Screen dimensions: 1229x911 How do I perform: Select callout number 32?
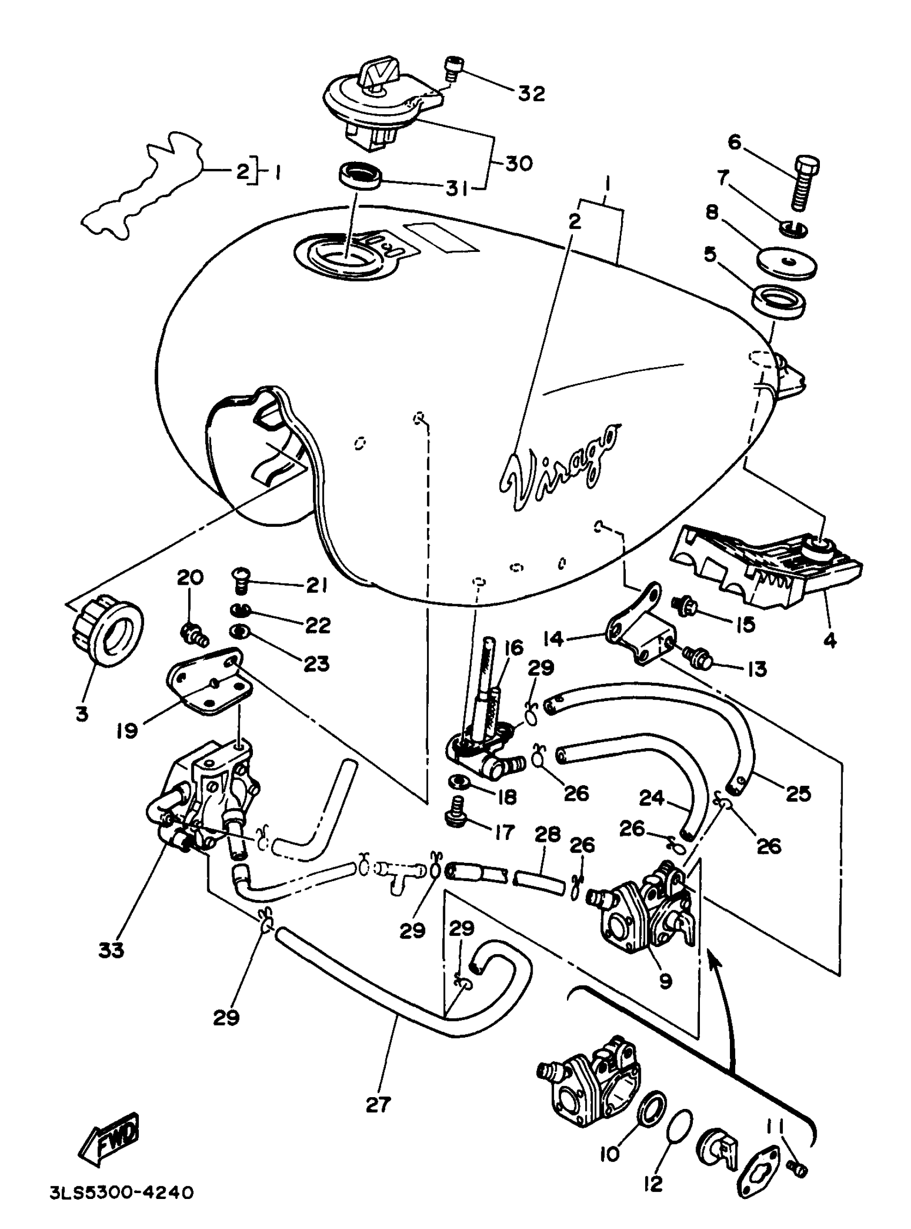(531, 93)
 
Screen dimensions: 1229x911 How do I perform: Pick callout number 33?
(111, 950)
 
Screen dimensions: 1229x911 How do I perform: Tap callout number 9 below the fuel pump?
(665, 980)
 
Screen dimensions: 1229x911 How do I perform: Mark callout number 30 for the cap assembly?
(518, 163)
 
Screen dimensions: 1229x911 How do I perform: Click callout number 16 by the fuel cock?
(513, 647)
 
